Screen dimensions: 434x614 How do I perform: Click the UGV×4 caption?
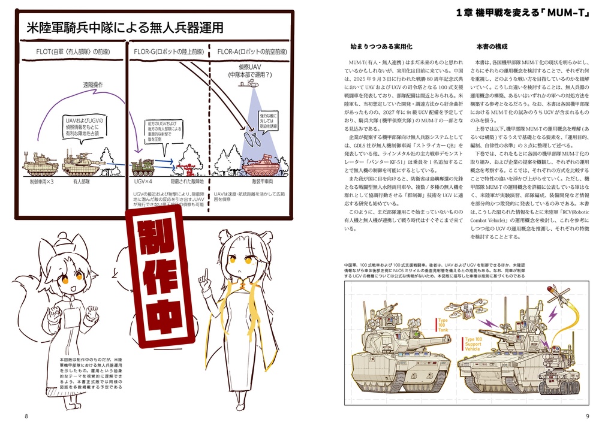click(x=143, y=180)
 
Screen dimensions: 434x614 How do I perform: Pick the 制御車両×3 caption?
click(x=42, y=180)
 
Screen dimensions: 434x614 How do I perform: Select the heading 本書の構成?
click(x=492, y=46)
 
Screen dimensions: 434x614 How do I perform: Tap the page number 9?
click(x=588, y=417)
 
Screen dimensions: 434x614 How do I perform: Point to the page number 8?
click(x=26, y=417)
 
